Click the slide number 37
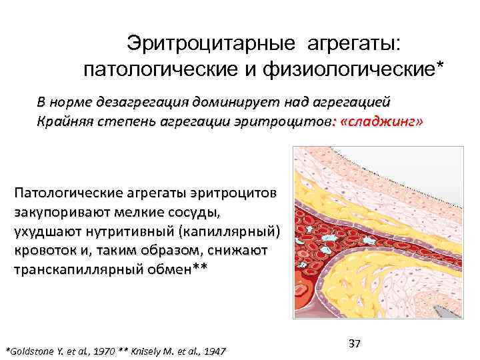pyautogui.click(x=354, y=343)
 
